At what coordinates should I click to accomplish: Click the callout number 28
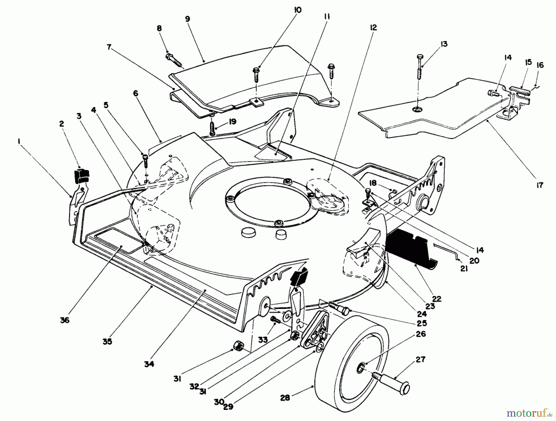(285, 398)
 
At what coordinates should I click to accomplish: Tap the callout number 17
(539, 185)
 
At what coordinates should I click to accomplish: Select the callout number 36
(65, 320)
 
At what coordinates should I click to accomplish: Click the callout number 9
(187, 19)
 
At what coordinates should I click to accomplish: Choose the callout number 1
(19, 141)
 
